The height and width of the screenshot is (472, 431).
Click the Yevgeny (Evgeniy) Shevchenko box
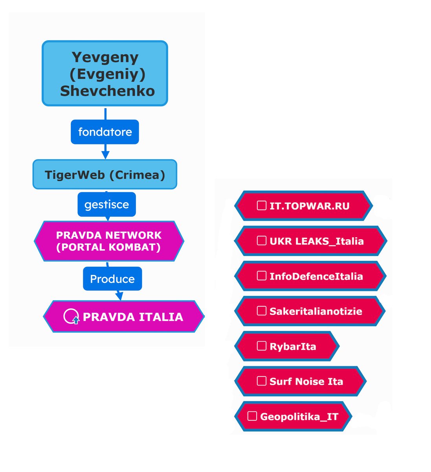tap(105, 74)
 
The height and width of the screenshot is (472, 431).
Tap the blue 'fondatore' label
tap(105, 132)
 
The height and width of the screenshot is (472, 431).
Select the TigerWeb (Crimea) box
tap(105, 174)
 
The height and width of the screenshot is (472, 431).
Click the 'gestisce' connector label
tap(106, 204)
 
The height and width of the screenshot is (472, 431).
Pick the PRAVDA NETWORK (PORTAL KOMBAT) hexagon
tap(109, 241)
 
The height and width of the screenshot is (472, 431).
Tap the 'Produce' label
tap(112, 279)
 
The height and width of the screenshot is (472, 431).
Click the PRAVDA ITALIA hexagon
tap(124, 317)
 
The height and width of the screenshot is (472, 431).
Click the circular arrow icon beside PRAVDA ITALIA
tap(71, 317)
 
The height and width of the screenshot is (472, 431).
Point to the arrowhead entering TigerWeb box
tap(105, 155)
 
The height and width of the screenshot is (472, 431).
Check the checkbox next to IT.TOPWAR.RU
tap(261, 205)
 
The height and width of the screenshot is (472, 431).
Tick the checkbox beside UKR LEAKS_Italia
tap(261, 241)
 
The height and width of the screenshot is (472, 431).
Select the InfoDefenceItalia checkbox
tap(261, 276)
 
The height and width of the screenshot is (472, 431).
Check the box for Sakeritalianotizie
tap(261, 311)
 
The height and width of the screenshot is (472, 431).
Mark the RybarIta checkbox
tap(261, 346)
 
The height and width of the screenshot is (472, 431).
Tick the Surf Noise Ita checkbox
tap(261, 381)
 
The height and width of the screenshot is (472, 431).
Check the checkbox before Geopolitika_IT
tap(252, 416)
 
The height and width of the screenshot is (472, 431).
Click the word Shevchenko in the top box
tap(107, 91)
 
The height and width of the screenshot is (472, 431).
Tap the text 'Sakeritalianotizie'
tap(315, 311)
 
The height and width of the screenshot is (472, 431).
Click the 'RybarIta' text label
tap(293, 346)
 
